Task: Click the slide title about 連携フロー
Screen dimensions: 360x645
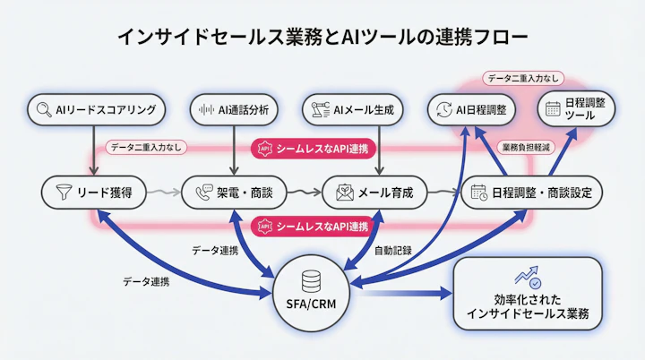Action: click(322, 37)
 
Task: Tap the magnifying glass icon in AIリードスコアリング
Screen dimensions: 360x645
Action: click(42, 110)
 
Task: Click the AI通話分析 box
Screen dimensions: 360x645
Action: click(236, 110)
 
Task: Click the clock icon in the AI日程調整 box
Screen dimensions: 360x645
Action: click(443, 110)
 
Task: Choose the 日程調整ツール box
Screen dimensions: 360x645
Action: click(579, 110)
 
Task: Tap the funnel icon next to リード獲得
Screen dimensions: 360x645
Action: click(63, 192)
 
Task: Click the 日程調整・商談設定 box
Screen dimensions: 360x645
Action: click(532, 192)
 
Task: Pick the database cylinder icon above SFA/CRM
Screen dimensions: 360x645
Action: click(311, 280)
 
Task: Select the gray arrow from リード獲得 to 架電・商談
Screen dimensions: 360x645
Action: click(163, 192)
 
